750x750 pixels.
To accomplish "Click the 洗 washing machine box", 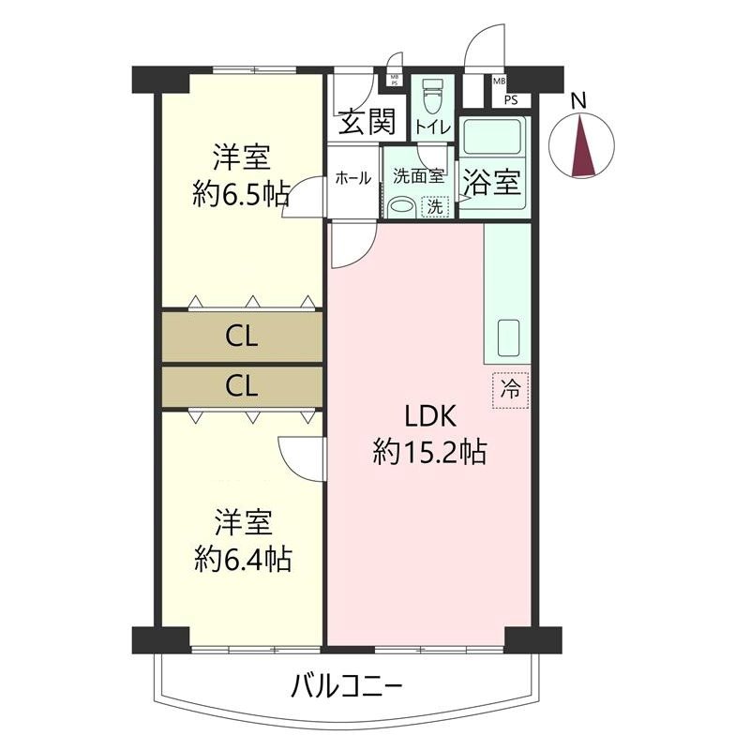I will [435, 207].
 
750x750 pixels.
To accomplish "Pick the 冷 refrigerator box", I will [511, 388].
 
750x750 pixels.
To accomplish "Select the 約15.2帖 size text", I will [428, 454].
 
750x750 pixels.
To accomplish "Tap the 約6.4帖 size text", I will [241, 560].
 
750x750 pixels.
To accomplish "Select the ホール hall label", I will [352, 177].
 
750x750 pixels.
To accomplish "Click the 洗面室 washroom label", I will [417, 175].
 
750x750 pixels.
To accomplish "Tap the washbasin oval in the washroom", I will [401, 207].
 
